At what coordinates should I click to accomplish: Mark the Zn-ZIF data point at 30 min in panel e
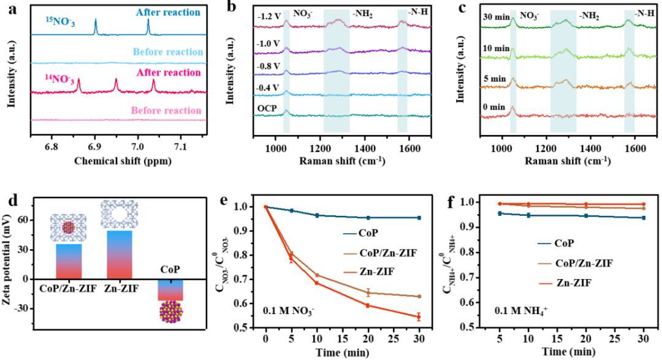418,317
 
